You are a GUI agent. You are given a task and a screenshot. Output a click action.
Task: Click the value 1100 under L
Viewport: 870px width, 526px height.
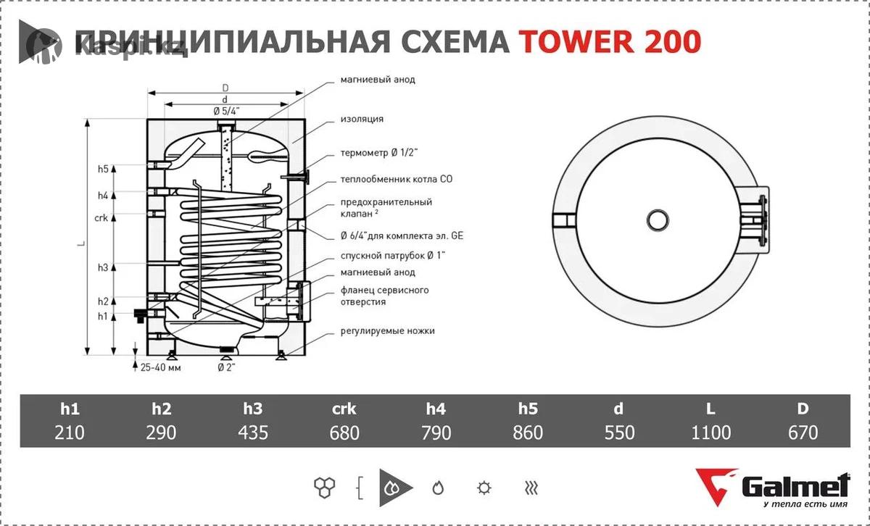click(x=710, y=433)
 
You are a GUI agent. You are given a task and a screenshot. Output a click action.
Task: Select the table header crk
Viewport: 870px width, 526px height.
click(x=344, y=409)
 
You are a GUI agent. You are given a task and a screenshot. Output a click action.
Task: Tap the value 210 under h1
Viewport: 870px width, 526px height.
click(x=70, y=433)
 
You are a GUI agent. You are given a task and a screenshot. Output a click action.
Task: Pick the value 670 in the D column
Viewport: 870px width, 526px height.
click(x=803, y=433)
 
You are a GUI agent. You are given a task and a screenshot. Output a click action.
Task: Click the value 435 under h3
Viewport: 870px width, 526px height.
click(x=253, y=433)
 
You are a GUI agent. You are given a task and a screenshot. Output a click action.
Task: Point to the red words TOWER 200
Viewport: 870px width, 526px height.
click(x=610, y=41)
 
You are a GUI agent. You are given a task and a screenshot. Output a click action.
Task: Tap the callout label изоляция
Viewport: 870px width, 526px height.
click(x=362, y=119)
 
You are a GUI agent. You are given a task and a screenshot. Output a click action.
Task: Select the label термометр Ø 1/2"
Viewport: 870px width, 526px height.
click(x=379, y=153)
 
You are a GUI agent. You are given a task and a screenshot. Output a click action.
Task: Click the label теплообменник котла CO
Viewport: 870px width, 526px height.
click(x=397, y=180)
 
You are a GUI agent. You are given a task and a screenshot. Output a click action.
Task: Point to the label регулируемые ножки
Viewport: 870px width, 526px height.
click(x=388, y=331)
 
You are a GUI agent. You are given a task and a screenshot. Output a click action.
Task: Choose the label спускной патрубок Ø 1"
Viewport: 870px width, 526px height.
click(x=393, y=256)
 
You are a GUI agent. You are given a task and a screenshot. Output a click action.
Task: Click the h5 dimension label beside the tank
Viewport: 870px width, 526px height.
click(x=103, y=169)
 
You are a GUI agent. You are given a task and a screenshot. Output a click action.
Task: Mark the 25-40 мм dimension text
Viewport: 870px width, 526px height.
click(x=160, y=367)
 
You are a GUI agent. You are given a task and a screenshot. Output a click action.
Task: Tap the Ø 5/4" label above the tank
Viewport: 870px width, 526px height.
click(x=226, y=112)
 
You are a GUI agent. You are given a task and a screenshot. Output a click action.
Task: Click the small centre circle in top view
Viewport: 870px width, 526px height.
click(x=658, y=220)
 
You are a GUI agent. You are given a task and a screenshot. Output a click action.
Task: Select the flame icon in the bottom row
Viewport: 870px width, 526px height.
click(x=438, y=488)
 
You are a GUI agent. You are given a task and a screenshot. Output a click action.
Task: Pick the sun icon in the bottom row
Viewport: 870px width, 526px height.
click(x=484, y=488)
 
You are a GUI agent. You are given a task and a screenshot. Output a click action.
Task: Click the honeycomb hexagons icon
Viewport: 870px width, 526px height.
click(x=324, y=488)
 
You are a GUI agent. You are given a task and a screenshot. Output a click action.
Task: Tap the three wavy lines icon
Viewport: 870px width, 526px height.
click(x=531, y=488)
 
